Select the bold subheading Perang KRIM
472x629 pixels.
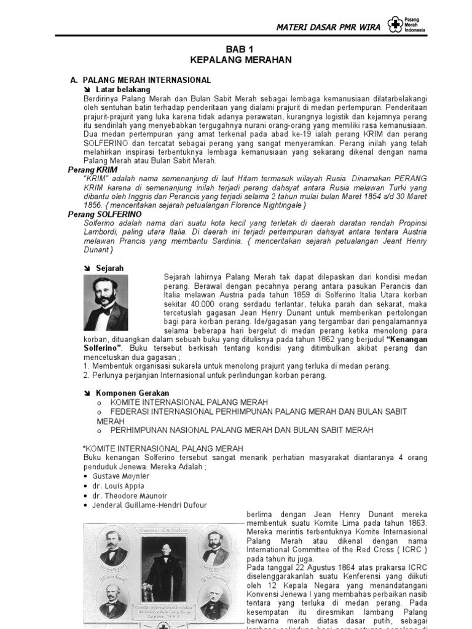pos(92,169)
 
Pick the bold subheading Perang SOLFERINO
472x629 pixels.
pos(104,214)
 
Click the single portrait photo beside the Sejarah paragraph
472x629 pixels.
pos(106,303)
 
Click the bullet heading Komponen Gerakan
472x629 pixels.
pos(132,393)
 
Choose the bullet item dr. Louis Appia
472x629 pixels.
pos(117,486)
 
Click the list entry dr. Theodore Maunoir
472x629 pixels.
pos(128,496)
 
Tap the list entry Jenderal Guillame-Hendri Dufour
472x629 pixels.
pos(150,506)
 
